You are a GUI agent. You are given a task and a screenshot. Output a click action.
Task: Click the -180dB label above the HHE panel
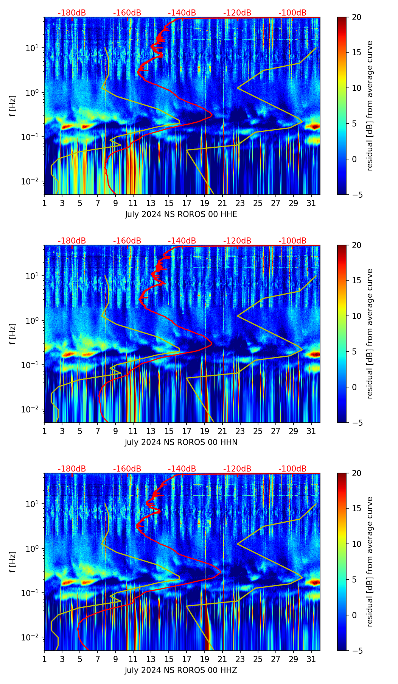(72, 13)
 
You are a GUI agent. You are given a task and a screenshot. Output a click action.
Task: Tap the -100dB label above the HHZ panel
(292, 469)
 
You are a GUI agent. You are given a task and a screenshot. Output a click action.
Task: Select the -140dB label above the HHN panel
(182, 241)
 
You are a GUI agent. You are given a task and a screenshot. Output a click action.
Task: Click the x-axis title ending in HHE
(181, 214)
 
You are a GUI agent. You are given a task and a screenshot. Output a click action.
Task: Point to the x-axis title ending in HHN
(181, 442)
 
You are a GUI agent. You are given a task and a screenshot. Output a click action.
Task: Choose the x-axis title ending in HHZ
(181, 670)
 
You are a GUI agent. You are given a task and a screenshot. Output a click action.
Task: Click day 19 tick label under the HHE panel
(205, 203)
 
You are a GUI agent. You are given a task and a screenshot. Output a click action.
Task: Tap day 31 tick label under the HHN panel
(311, 431)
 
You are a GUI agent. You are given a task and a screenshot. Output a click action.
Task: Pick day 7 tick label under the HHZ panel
(98, 659)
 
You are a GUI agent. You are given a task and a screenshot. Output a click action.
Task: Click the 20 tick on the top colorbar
(356, 17)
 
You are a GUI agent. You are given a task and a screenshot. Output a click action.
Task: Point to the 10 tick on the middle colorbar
(356, 316)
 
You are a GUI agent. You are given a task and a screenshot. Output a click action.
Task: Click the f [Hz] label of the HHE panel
(13, 106)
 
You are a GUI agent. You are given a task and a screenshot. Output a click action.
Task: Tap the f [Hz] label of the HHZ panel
(13, 562)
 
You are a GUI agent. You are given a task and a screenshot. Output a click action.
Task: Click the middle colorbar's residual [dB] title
(370, 334)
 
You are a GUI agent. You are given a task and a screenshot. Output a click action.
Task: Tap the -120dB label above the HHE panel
(237, 13)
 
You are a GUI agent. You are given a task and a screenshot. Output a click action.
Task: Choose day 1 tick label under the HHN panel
(44, 431)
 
